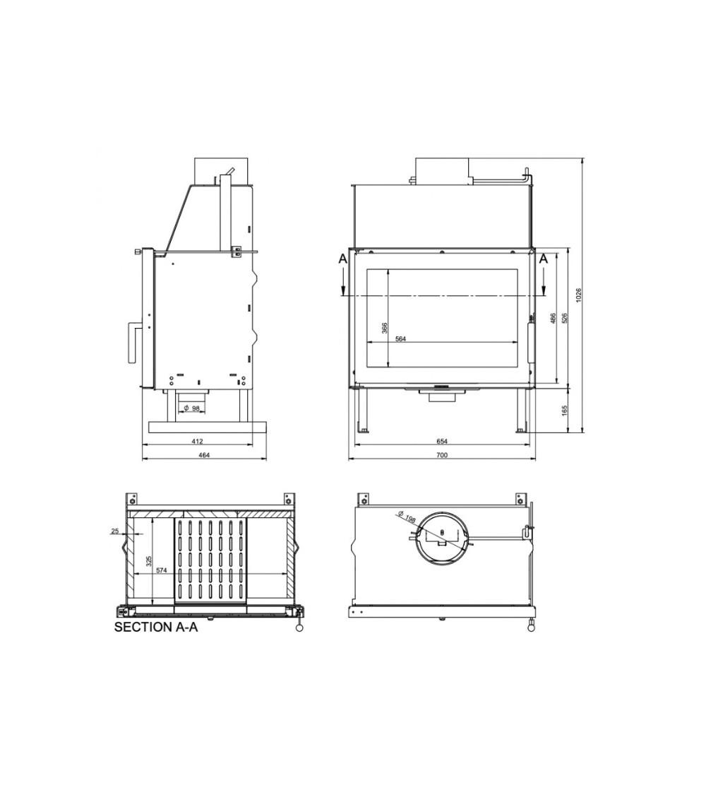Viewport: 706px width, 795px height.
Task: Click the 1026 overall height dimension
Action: click(579, 295)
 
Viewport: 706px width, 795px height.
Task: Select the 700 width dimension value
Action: click(442, 455)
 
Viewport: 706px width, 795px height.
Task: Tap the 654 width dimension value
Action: click(442, 441)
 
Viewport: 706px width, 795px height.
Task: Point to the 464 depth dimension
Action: click(203, 455)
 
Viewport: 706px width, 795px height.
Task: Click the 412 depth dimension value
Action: click(197, 441)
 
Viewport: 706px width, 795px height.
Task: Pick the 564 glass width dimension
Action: click(400, 339)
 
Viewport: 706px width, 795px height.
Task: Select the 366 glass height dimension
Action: click(385, 329)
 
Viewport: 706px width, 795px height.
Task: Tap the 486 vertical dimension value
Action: click(553, 319)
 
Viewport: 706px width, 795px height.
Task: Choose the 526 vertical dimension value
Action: click(566, 319)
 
